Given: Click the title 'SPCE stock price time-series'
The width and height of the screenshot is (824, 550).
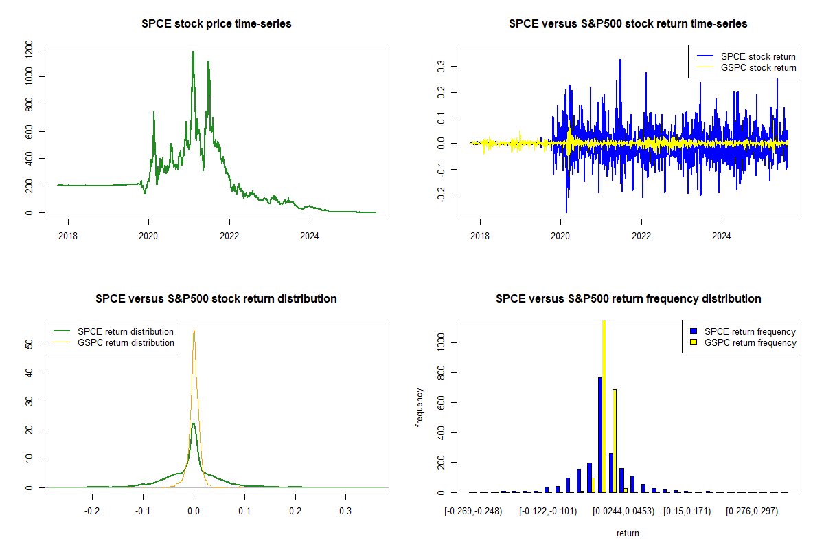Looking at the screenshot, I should (216, 24).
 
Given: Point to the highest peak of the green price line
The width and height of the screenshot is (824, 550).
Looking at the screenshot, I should (193, 52).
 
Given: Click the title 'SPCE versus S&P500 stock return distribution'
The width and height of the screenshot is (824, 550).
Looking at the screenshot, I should (216, 299).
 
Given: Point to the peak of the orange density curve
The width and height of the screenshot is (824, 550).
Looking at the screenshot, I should (194, 331).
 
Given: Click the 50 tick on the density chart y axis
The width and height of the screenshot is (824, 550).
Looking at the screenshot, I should (28, 344).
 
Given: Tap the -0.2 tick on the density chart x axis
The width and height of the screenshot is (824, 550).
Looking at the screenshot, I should (93, 511).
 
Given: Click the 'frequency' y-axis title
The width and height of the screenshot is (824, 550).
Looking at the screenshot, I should (420, 408).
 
